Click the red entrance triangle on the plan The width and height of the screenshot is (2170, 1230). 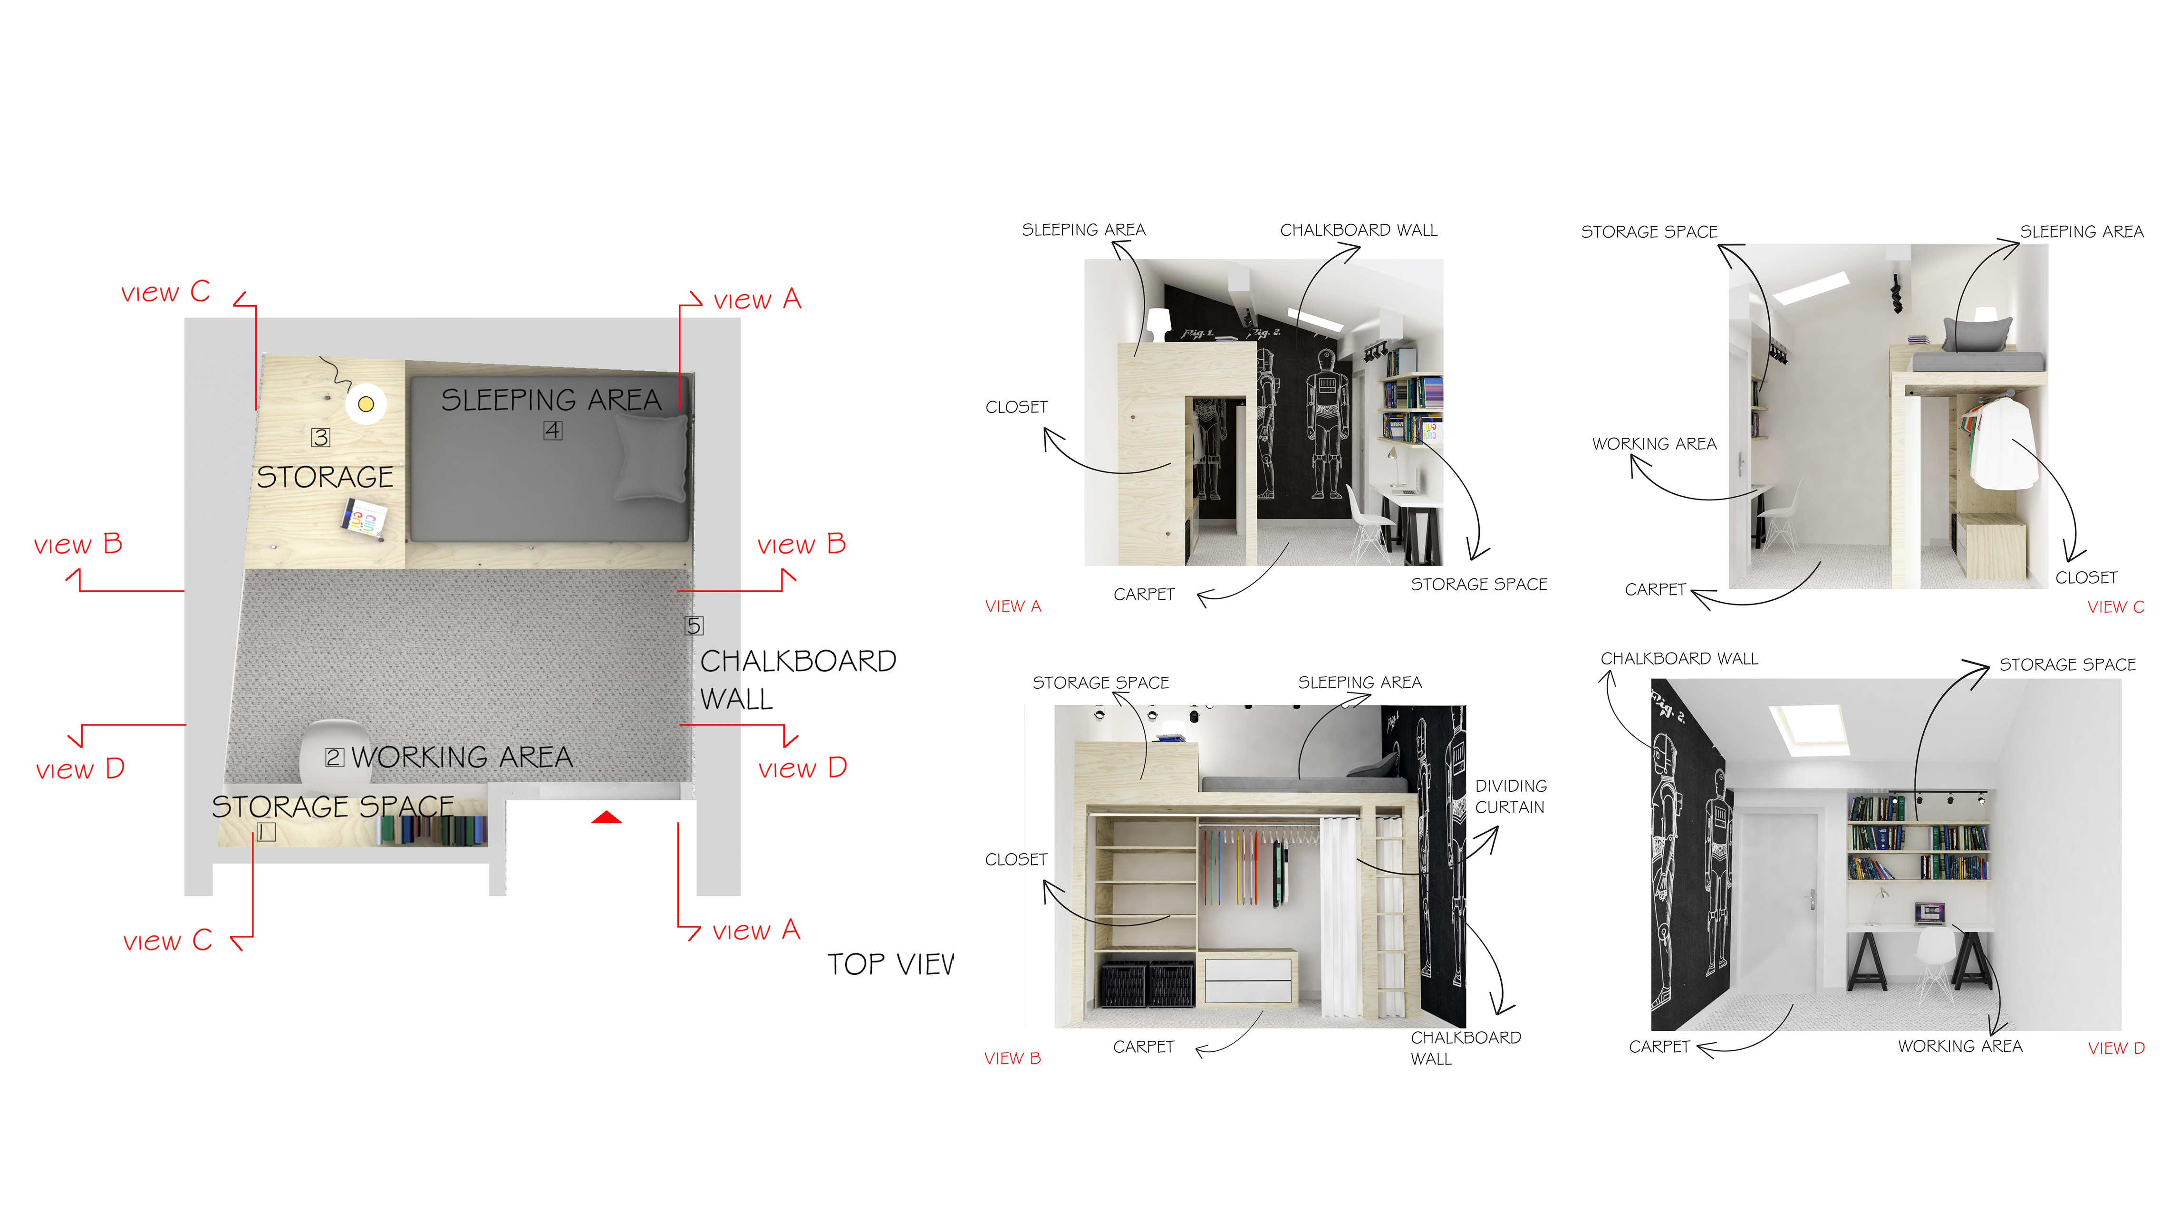click(607, 817)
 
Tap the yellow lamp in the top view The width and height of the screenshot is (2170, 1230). click(366, 404)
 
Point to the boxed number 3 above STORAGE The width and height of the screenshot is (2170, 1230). click(321, 437)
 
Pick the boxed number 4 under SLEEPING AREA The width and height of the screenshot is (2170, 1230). click(552, 431)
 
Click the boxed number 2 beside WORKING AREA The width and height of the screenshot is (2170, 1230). click(335, 757)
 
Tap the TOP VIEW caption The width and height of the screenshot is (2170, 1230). click(890, 964)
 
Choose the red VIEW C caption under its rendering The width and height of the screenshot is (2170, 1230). click(2115, 606)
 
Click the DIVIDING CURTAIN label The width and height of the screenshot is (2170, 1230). click(1510, 797)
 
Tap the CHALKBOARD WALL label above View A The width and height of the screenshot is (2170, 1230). click(1358, 230)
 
